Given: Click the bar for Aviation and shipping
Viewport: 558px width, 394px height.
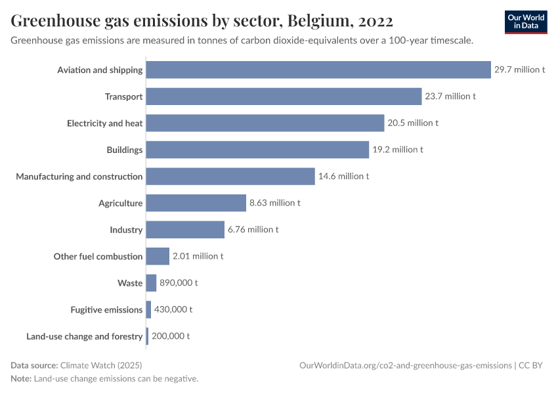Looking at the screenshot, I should pyautogui.click(x=318, y=70).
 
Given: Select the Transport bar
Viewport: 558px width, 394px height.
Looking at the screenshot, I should pyautogui.click(x=284, y=97).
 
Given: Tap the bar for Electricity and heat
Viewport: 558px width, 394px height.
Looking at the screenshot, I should pyautogui.click(x=265, y=123).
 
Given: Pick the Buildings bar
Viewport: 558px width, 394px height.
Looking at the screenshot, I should pyautogui.click(x=257, y=150).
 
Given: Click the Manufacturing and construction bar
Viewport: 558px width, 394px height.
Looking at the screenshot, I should pyautogui.click(x=230, y=177).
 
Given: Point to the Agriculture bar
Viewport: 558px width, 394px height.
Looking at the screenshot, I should pyautogui.click(x=196, y=203).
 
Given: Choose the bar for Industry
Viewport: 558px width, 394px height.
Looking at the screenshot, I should pyautogui.click(x=185, y=230).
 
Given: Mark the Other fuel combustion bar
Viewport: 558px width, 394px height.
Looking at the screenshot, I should pyautogui.click(x=158, y=256).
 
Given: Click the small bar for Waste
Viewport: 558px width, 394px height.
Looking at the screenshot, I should pyautogui.click(x=151, y=283).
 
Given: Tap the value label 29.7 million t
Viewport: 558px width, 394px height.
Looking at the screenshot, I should pyautogui.click(x=520, y=70).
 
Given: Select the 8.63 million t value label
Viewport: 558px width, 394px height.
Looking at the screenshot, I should pyautogui.click(x=275, y=203).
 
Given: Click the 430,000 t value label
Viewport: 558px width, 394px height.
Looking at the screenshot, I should pyautogui.click(x=173, y=309).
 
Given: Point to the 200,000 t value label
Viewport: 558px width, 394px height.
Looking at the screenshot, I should pyautogui.click(x=171, y=336).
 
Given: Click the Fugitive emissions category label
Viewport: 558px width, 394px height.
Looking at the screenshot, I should pyautogui.click(x=106, y=309).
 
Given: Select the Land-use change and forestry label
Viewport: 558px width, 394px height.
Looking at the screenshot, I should pyautogui.click(x=84, y=336).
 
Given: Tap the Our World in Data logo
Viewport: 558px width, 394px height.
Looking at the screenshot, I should pyautogui.click(x=526, y=22).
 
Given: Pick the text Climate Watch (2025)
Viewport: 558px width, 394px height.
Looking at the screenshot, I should pyautogui.click(x=101, y=365).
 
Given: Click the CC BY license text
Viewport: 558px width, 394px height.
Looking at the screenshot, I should pyautogui.click(x=532, y=365).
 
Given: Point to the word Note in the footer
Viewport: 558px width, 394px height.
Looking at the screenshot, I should pyautogui.click(x=20, y=379).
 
